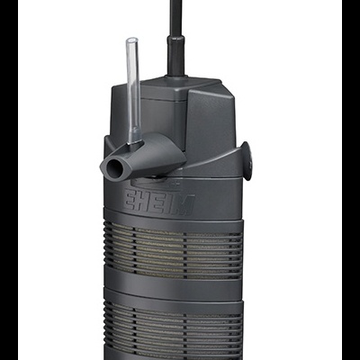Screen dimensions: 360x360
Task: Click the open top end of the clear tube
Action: [x=131, y=41]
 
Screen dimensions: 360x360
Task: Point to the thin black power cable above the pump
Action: [x=170, y=18]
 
